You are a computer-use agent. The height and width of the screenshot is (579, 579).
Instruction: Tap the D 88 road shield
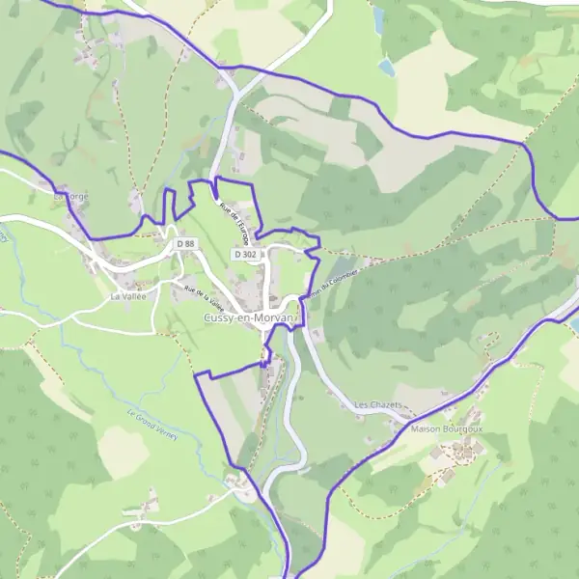(x=186, y=244)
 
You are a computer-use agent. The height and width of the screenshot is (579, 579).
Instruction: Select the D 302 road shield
(x=245, y=254)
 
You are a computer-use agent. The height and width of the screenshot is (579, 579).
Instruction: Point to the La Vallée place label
(x=127, y=297)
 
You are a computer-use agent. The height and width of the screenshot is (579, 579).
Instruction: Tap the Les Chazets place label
(x=377, y=405)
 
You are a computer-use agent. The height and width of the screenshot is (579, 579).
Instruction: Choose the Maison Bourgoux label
(x=446, y=427)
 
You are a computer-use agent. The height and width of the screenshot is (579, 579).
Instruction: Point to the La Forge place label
(x=73, y=196)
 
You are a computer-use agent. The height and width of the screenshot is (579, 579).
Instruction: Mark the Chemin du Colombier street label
(x=332, y=283)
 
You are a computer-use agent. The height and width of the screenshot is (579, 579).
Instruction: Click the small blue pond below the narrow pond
(x=387, y=67)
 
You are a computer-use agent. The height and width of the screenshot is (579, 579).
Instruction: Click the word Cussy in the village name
(x=219, y=318)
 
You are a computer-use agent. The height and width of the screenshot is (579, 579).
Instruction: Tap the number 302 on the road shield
(x=250, y=254)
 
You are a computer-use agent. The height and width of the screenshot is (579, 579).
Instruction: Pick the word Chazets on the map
(x=385, y=405)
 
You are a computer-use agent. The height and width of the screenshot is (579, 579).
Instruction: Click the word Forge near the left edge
(x=78, y=196)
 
